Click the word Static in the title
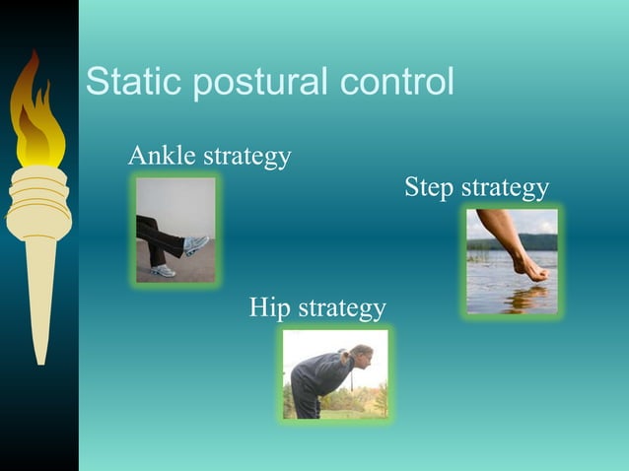point(134,82)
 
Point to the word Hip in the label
point(269,308)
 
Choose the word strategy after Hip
point(341,309)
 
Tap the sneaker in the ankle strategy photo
point(194,244)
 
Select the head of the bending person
point(360,354)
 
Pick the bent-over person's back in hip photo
point(320,369)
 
